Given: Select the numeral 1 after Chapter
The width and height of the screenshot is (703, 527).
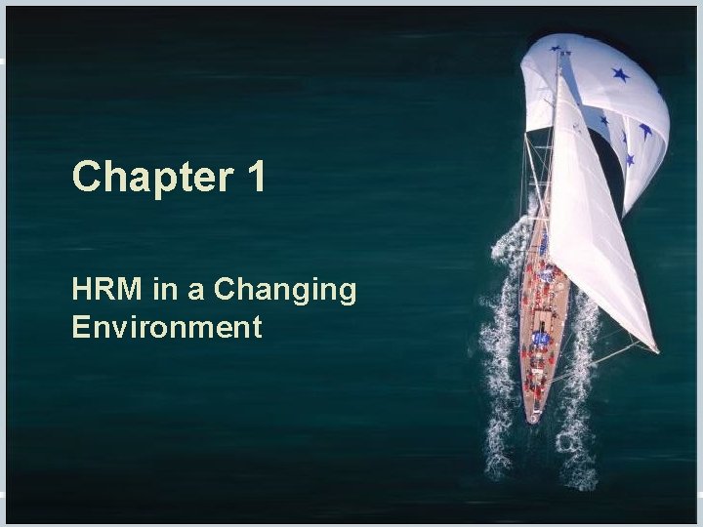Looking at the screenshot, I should tap(255, 178).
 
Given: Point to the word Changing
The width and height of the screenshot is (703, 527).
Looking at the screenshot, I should tap(285, 291).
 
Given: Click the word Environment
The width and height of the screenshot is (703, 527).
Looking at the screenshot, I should tap(167, 327).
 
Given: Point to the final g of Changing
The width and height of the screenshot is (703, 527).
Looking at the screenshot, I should tap(347, 294).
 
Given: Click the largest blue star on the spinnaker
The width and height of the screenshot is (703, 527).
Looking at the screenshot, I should tap(620, 74).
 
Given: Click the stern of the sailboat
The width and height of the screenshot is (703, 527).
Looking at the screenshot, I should tap(533, 414).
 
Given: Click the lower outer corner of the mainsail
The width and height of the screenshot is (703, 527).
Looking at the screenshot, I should tap(652, 348).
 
